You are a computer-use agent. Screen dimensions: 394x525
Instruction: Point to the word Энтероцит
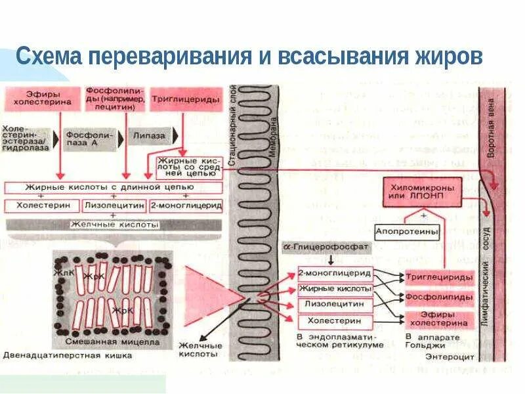tap(445, 356)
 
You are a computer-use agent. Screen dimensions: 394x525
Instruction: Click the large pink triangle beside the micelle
tap(205, 291)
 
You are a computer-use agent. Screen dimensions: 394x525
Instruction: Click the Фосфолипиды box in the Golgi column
tap(438, 297)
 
